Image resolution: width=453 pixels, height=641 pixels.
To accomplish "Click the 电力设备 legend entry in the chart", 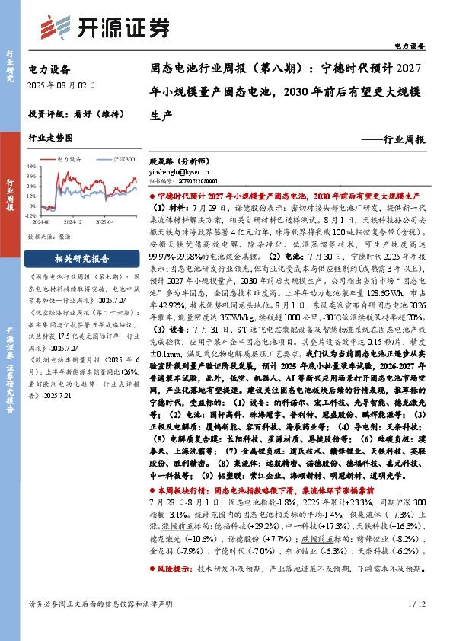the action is (69, 160).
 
